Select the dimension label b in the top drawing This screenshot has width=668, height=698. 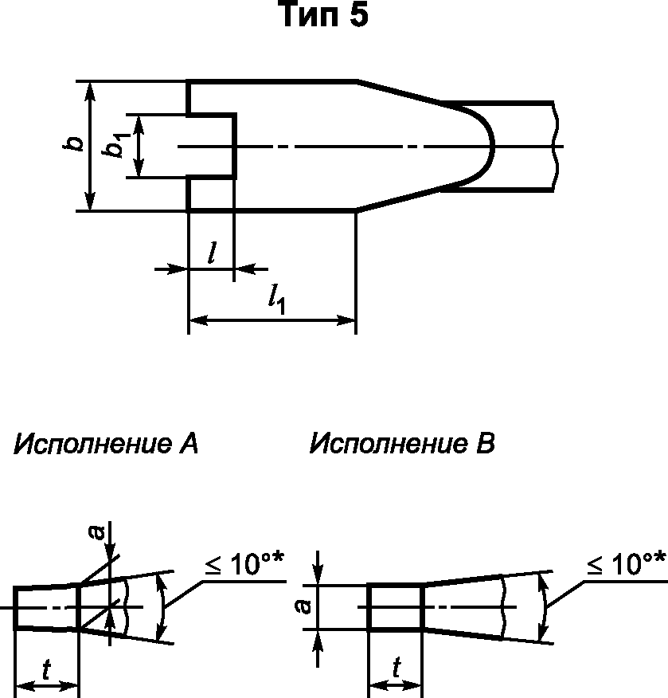pyautogui.click(x=74, y=144)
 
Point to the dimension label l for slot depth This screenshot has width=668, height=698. pyautogui.click(x=211, y=254)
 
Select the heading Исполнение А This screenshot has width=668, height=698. pyautogui.click(x=105, y=444)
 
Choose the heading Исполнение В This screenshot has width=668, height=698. pyautogui.click(x=402, y=444)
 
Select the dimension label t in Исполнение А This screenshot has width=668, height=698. pyautogui.click(x=47, y=672)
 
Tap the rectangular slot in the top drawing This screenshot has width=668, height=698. pyautogui.click(x=212, y=146)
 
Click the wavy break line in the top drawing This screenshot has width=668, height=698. pyautogui.click(x=557, y=146)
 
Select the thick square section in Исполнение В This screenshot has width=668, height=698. pyautogui.click(x=395, y=607)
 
